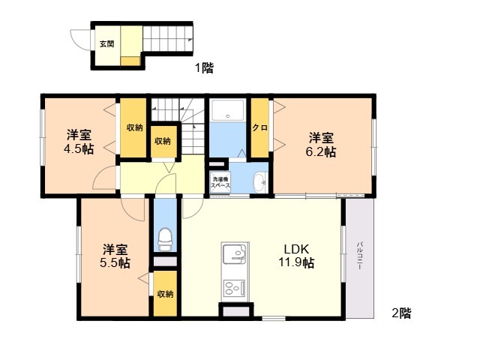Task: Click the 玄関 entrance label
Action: [x=106, y=44]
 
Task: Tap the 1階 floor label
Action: [x=204, y=67]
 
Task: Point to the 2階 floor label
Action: [x=402, y=313]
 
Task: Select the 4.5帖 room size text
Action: [x=79, y=149]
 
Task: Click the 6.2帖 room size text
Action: [x=321, y=151]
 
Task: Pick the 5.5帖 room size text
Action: [x=115, y=263]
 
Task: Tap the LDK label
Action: [x=296, y=249]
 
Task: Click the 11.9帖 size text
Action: [x=296, y=262]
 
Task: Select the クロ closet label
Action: [x=260, y=127]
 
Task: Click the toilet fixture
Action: [x=166, y=239]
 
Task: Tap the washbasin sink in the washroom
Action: [x=260, y=182]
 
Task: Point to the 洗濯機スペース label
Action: [x=220, y=181]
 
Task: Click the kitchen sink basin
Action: [x=235, y=253]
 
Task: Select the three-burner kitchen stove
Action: [x=235, y=288]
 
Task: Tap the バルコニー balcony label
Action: [x=360, y=256]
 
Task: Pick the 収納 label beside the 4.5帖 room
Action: [x=135, y=127]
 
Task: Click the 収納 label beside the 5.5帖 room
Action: [x=165, y=294]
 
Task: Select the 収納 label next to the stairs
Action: [x=163, y=142]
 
